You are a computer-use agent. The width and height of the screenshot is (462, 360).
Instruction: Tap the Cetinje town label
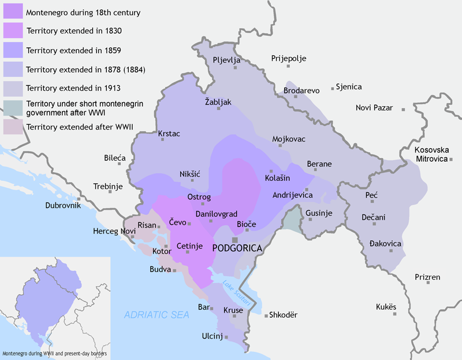pyautogui.click(x=190, y=246)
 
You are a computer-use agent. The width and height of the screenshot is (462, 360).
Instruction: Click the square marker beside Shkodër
pyautogui.click(x=266, y=316)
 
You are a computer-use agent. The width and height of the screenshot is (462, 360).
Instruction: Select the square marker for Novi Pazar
pyautogui.click(x=404, y=108)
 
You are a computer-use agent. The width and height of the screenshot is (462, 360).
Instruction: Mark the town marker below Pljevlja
pyautogui.click(x=235, y=68)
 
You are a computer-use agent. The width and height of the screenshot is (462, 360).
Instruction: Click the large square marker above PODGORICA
pyautogui.click(x=234, y=239)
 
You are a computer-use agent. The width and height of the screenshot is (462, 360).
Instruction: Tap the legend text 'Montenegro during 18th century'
pyautogui.click(x=83, y=12)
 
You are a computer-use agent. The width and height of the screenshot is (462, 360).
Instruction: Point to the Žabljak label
pyautogui.click(x=218, y=102)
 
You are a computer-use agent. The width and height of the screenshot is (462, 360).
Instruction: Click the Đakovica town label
pyautogui.click(x=385, y=244)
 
